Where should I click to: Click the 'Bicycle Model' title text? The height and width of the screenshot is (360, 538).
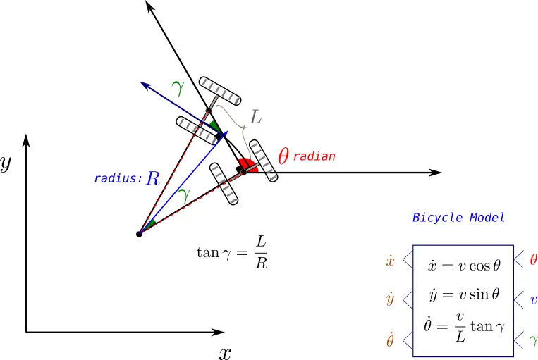[459, 218]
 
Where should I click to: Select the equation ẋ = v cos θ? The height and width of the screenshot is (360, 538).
[464, 266]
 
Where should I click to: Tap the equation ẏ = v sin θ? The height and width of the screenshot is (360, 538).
[464, 294]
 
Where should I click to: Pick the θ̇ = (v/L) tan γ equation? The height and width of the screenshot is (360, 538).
[464, 327]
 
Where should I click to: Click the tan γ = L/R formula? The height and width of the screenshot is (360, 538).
[232, 253]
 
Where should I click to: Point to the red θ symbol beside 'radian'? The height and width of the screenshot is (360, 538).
[283, 156]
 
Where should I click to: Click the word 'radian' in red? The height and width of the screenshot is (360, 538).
[314, 156]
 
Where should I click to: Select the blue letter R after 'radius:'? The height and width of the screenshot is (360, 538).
[153, 178]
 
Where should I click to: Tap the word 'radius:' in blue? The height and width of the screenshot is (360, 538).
[118, 178]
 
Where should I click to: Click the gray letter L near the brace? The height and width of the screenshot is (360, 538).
[256, 117]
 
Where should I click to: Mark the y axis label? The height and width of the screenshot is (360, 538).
[6, 163]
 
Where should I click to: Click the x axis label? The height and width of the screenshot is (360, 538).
[225, 353]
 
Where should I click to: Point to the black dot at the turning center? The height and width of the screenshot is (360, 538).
[139, 234]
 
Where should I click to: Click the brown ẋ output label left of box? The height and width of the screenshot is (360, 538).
[390, 261]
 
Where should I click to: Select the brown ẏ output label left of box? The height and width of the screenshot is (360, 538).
[390, 299]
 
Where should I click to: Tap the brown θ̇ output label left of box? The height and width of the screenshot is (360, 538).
[390, 340]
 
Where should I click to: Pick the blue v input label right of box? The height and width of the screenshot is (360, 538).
[534, 300]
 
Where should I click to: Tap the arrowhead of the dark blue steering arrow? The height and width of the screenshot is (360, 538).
[145, 85]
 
